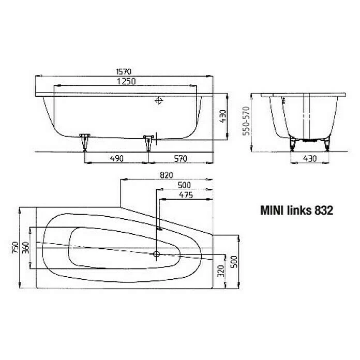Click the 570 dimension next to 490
179,158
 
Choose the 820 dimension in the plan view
166,175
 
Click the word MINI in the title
273,211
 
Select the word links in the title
297,211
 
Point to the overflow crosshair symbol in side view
159,101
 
